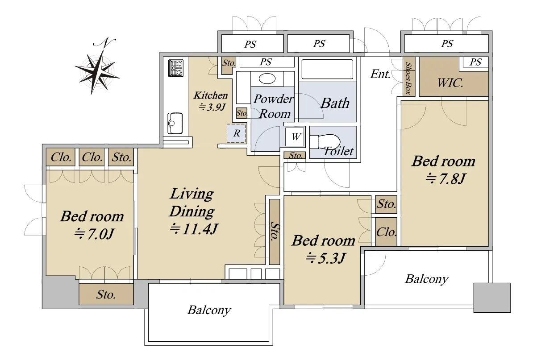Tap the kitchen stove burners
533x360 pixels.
click(176, 68)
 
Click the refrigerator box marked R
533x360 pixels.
click(236, 133)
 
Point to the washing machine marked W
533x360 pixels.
click(295, 137)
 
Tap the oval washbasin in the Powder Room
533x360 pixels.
click(267, 79)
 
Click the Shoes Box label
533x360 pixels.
click(408, 79)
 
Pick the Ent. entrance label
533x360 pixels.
click(380, 74)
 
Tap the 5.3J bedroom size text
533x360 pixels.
click(325, 258)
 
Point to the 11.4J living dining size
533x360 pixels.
click(193, 229)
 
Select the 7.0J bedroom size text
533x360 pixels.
click(94, 234)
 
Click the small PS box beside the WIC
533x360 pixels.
click(475, 62)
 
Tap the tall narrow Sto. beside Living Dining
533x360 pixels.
click(275, 232)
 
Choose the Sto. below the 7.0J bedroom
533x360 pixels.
click(106, 294)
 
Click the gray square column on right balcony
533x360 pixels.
click(492, 298)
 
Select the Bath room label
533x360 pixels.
click(335, 103)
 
